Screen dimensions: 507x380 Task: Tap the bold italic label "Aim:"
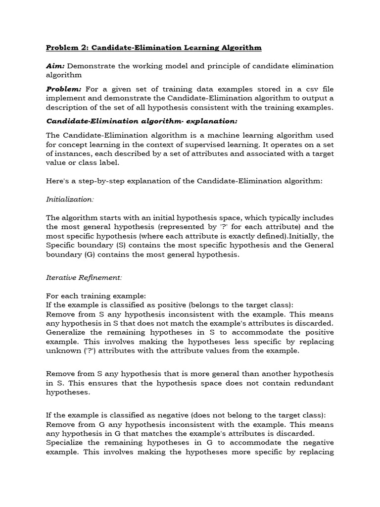(55, 66)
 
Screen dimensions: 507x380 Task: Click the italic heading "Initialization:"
(70, 200)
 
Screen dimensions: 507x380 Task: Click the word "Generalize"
(67, 332)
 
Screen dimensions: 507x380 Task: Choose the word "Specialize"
(66, 443)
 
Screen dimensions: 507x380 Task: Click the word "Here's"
(57, 181)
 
